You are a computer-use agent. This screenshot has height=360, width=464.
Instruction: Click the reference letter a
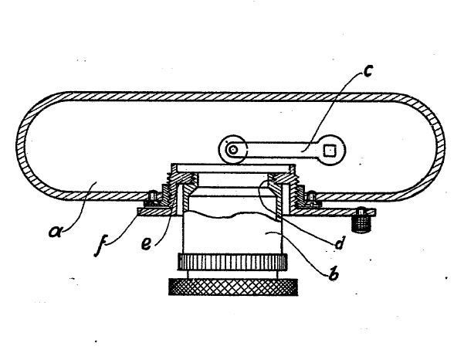pyautogui.click(x=56, y=231)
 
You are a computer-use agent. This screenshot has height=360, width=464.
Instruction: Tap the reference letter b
pyautogui.click(x=334, y=273)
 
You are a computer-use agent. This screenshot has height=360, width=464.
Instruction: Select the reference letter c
pyautogui.click(x=367, y=72)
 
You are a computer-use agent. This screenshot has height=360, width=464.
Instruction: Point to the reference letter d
pyautogui.click(x=339, y=243)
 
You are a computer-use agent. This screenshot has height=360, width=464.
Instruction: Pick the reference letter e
pyautogui.click(x=146, y=243)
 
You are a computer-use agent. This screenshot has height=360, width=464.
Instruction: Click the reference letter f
pyautogui.click(x=100, y=246)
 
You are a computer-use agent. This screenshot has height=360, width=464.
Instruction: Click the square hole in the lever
pyautogui.click(x=329, y=151)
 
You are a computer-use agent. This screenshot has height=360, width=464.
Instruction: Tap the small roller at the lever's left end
pyautogui.click(x=233, y=150)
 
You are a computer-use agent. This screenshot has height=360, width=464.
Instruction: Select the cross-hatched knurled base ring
pyautogui.click(x=233, y=287)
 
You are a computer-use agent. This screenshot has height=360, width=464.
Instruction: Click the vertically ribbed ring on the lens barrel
pyautogui.click(x=232, y=262)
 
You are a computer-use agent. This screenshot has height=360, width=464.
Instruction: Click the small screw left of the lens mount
pyautogui.click(x=152, y=198)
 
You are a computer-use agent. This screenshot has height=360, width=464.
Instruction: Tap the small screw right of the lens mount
pyautogui.click(x=313, y=198)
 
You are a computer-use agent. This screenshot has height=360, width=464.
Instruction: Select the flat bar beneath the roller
pyautogui.click(x=233, y=168)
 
